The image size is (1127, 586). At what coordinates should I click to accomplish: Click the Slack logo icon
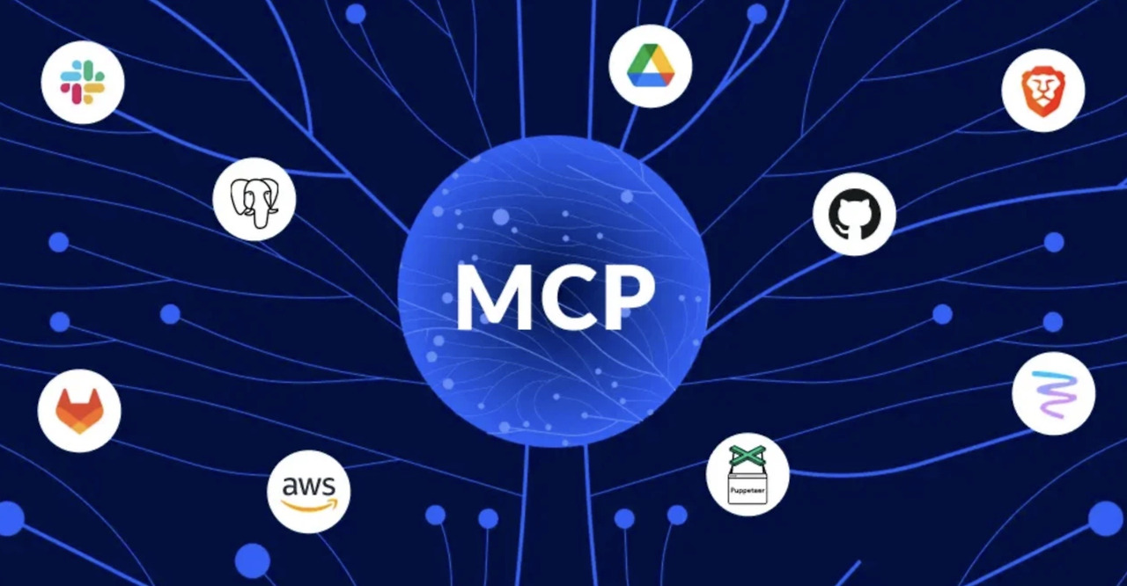[x=83, y=82]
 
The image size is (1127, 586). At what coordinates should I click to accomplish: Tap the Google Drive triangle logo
[x=650, y=66]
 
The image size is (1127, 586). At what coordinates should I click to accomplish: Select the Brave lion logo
[x=1042, y=90]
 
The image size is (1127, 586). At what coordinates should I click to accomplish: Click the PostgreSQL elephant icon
[x=254, y=199]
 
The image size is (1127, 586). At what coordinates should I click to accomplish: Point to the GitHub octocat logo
[x=854, y=214]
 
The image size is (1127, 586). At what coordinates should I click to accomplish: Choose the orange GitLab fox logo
[x=79, y=410]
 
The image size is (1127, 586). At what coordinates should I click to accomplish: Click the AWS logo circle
[x=308, y=491]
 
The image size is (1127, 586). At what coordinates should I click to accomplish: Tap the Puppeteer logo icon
[x=748, y=474]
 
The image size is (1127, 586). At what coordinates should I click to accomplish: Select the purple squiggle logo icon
[x=1053, y=392]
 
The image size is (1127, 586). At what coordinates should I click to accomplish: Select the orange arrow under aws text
[x=310, y=505]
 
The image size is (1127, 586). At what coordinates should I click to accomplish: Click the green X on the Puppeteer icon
[x=748, y=455]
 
